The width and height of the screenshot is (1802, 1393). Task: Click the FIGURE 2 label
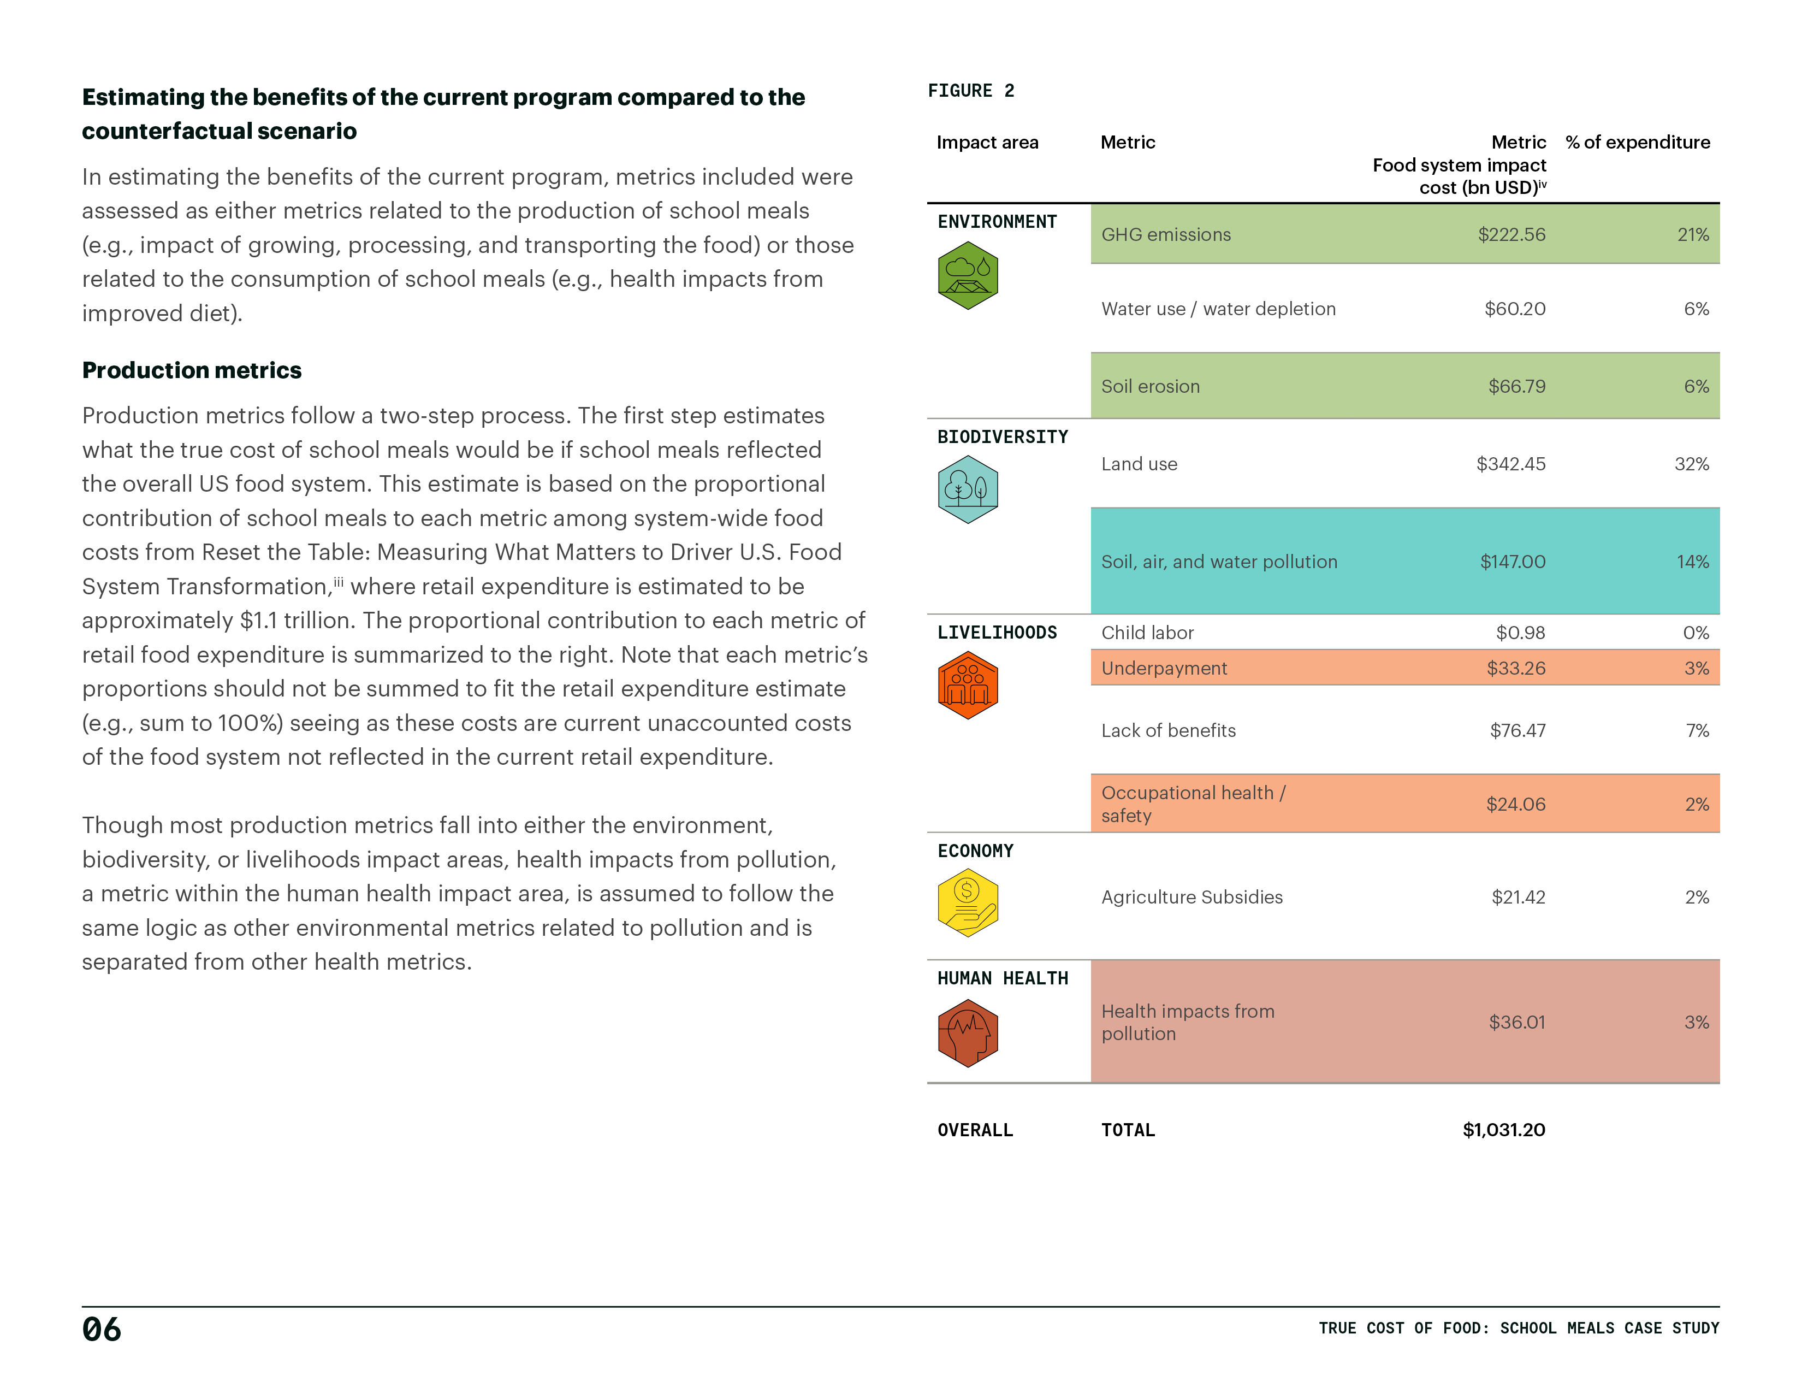pos(970,91)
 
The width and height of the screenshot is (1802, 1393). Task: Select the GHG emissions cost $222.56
pos(1511,234)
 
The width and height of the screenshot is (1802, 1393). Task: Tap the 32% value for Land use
pos(1692,464)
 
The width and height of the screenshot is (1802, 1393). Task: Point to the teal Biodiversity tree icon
pos(968,489)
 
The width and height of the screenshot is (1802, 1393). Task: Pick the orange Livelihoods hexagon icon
pos(968,685)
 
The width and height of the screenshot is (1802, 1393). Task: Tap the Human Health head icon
pos(968,1033)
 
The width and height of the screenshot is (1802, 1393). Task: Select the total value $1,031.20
pos(1503,1130)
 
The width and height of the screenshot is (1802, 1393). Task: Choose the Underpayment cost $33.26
pos(1516,669)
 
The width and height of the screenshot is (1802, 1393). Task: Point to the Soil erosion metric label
pos(1150,386)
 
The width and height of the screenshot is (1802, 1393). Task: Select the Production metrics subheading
pos(192,370)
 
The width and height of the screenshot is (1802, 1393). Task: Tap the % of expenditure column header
pos(1638,142)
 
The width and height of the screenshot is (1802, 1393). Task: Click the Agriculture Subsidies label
pos(1192,897)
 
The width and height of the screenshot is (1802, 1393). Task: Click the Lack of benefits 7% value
pos(1697,730)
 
